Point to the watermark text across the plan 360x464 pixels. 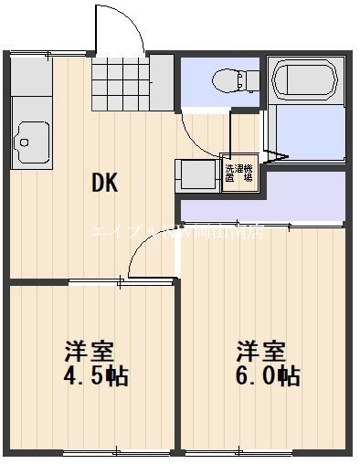[x=179, y=232]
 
